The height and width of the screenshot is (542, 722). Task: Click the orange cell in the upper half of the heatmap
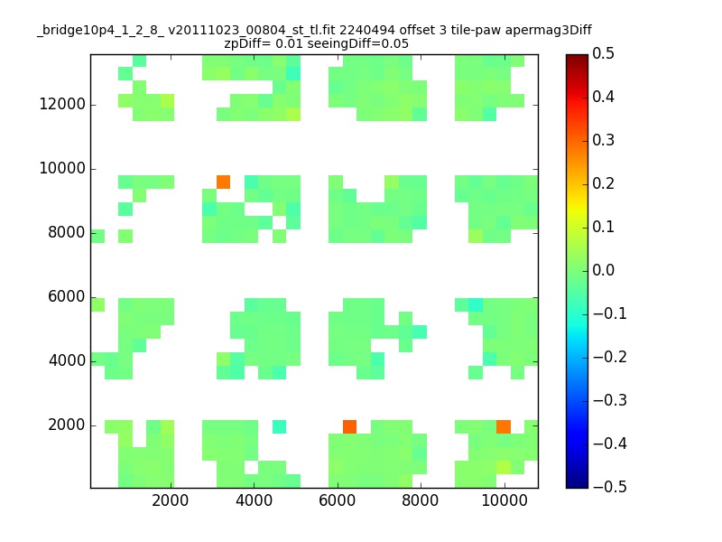coord(223,182)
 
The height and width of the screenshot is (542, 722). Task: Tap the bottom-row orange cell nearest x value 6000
coord(349,426)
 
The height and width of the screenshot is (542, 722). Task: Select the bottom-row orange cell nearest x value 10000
coord(504,426)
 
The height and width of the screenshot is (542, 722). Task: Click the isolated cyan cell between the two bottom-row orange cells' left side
coord(279,426)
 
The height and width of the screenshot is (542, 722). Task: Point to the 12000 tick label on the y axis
coord(62,104)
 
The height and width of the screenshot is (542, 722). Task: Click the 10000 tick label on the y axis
coord(62,168)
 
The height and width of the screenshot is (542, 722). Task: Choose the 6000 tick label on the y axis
coord(67,296)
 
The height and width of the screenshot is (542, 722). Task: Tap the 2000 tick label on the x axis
coord(171,500)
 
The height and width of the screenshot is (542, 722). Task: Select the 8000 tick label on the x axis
coord(420,500)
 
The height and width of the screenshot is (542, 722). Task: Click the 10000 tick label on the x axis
coord(504,500)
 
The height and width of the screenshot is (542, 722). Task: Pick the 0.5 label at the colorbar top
coord(603,53)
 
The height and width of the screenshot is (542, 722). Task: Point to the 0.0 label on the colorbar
coord(603,270)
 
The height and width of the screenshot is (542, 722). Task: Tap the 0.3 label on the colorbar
coord(603,140)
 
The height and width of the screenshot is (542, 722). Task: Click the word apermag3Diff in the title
coord(549,31)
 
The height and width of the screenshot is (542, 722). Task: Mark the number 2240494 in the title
coord(367,31)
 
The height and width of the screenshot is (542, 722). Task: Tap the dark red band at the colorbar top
coord(577,59)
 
